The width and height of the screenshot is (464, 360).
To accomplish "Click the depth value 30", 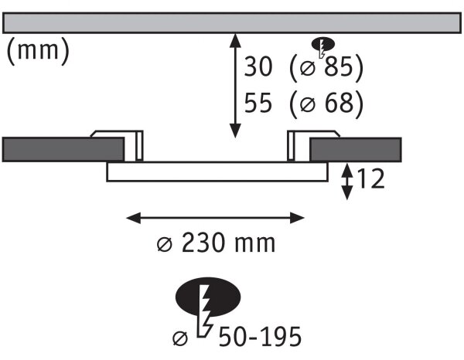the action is coord(258,66).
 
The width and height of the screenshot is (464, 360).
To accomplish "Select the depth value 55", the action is coord(258,103).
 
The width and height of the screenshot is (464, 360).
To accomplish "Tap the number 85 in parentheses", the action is coord(339,66).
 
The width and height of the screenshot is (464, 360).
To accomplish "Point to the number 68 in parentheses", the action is coord(339,103).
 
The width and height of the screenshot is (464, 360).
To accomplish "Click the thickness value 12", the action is coord(370,178).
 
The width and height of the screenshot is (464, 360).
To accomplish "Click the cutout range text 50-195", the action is coord(260,336).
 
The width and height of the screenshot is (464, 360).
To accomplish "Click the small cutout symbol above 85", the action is coord(322,46).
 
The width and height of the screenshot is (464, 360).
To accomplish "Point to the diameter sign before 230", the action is coord(164,244).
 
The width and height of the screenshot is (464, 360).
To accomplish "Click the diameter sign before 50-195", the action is coord(180,338).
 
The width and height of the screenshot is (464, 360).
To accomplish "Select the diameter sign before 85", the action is coord(308,68).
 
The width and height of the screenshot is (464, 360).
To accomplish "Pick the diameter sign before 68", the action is coord(308,104).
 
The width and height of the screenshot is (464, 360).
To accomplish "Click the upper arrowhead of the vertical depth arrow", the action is coord(235,40).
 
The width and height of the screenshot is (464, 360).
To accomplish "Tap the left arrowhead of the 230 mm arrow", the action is coord(134,218).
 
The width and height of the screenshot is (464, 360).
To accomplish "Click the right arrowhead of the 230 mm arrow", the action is coord(297,218).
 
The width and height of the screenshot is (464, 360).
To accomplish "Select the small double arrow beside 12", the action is coord(347,182).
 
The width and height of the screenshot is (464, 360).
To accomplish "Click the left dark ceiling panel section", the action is coord(63,150).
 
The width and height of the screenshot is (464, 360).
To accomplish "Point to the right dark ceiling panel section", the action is coord(356,150).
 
